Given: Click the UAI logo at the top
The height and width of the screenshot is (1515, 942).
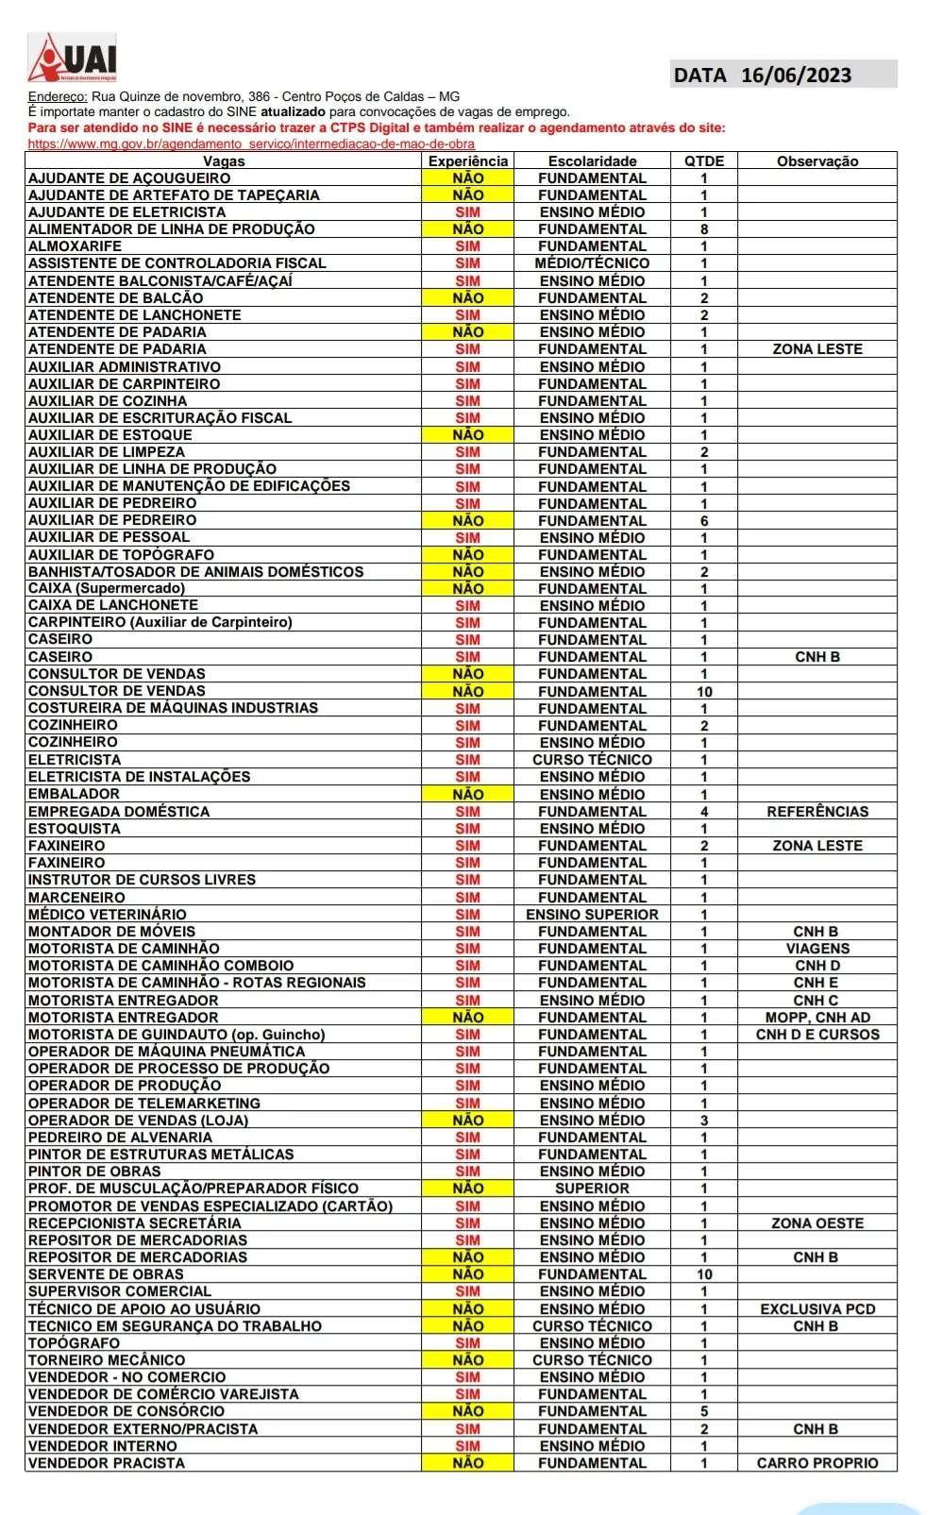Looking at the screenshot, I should (73, 59).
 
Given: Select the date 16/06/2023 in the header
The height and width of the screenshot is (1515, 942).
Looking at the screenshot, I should (796, 76).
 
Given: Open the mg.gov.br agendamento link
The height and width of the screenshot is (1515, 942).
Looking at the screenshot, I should (251, 144).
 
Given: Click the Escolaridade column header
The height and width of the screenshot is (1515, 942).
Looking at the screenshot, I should (592, 161).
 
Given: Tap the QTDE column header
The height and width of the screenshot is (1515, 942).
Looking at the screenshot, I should (704, 161).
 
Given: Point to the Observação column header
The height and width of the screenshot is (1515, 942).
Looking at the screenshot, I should (817, 161).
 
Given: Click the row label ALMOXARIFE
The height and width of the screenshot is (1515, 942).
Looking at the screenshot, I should (75, 246).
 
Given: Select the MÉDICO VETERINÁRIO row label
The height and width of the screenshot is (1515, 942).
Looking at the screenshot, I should (108, 915).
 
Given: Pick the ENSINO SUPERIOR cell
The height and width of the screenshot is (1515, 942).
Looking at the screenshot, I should (592, 915).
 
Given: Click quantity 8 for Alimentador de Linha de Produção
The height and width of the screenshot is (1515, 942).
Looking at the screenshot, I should (704, 229).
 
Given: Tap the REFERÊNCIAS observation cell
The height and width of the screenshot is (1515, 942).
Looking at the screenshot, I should (817, 812).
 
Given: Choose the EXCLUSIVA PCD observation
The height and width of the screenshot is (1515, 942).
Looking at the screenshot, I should (817, 1309).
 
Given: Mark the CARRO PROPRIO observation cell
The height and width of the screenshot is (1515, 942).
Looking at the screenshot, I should (817, 1463).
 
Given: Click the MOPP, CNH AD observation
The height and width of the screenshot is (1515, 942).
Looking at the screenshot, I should (817, 1018).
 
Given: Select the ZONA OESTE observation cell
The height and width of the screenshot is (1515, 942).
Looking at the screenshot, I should (817, 1223).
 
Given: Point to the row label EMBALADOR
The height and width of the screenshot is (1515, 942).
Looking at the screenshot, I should (74, 795).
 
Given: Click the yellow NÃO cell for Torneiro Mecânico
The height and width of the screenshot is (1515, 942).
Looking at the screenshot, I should (467, 1360).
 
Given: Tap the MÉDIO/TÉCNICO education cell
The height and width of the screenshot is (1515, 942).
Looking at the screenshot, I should (592, 263).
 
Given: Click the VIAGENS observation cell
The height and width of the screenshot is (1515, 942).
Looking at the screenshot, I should (817, 949).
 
